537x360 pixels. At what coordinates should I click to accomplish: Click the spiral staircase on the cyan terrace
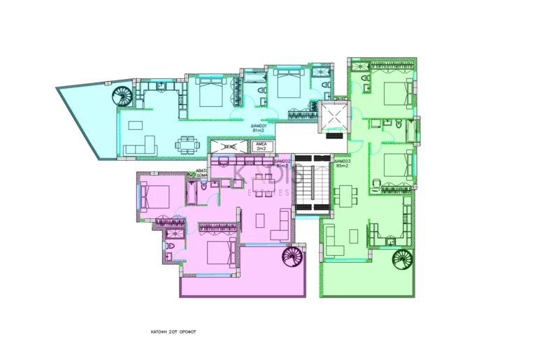point(124,96)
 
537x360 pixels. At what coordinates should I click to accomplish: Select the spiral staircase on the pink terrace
point(292,257)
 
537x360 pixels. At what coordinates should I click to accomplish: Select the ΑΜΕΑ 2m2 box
point(262,147)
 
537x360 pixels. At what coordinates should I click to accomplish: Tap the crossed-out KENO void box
point(229,147)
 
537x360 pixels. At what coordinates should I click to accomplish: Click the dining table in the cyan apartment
point(187,145)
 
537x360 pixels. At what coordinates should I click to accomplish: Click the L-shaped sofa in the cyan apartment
point(141,146)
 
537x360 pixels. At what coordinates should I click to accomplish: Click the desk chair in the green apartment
point(375,185)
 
